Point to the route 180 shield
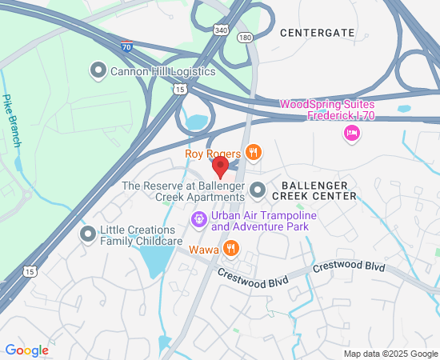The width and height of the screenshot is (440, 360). click(245, 37)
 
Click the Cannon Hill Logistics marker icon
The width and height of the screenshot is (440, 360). click(99, 70)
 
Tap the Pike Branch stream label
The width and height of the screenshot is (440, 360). click(11, 120)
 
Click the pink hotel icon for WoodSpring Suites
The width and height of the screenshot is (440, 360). click(350, 134)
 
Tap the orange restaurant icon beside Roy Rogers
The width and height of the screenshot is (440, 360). click(254, 152)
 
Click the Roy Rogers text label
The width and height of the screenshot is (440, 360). click(212, 153)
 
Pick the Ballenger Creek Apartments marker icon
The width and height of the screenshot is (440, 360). click(258, 191)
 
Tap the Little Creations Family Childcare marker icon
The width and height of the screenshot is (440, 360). click(88, 234)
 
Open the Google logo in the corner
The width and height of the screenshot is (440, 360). click(26, 350)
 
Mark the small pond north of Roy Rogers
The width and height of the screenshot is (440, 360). click(194, 122)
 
